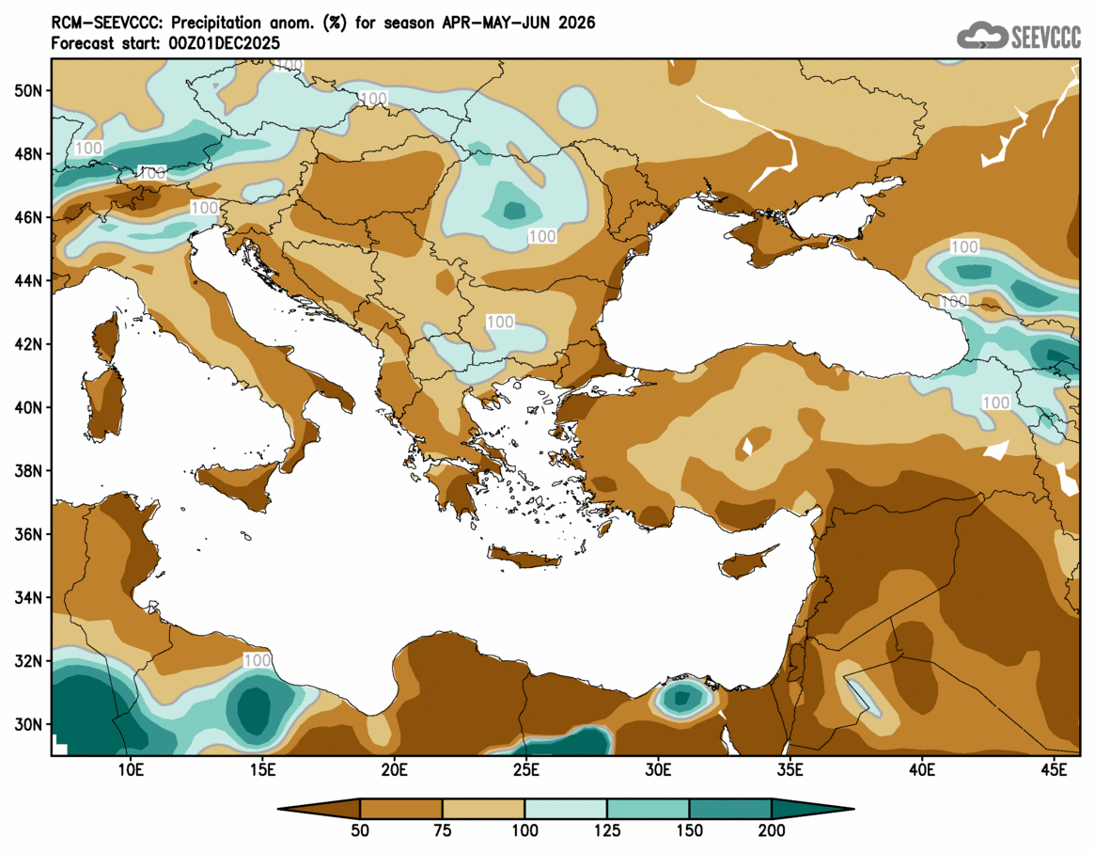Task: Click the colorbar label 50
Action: coord(360,830)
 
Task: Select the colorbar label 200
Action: coord(772,830)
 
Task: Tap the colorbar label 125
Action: coord(607,830)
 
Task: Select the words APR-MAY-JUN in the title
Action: coord(493,23)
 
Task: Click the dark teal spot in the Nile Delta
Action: coord(683,697)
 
